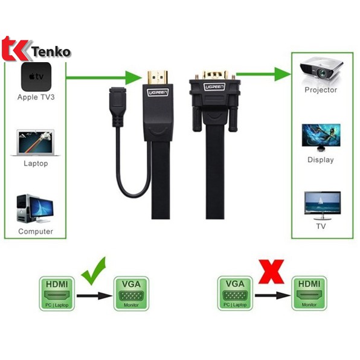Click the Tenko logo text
tap(51, 52)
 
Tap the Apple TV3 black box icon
tap(36, 77)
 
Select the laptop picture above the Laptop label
tap(36, 143)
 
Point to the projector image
tap(321, 71)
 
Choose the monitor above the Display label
tap(321, 138)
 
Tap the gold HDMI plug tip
tap(158, 77)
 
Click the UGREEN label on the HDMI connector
tap(158, 92)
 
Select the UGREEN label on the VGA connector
tap(214, 86)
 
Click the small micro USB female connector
tap(118, 107)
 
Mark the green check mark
tap(94, 271)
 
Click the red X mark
tap(271, 272)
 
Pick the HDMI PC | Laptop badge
tap(57, 294)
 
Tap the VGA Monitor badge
tap(131, 294)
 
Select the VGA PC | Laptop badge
tap(235, 293)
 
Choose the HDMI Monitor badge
tap(309, 293)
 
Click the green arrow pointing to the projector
tap(263, 74)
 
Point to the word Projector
tap(321, 90)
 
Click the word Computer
tap(36, 231)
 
